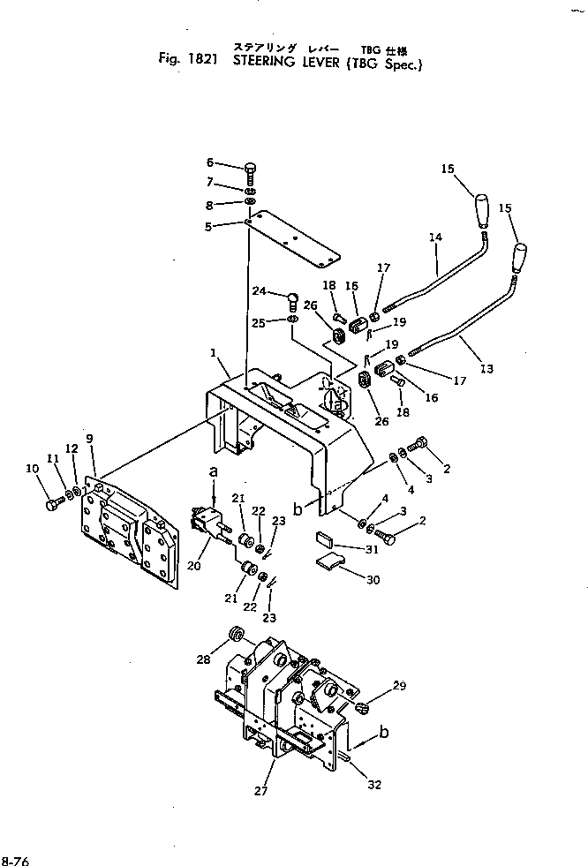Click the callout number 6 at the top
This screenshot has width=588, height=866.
(x=210, y=162)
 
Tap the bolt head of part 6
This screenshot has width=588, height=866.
(x=250, y=169)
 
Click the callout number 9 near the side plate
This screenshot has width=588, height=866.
(x=89, y=439)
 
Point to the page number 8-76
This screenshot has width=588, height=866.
(x=15, y=859)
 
